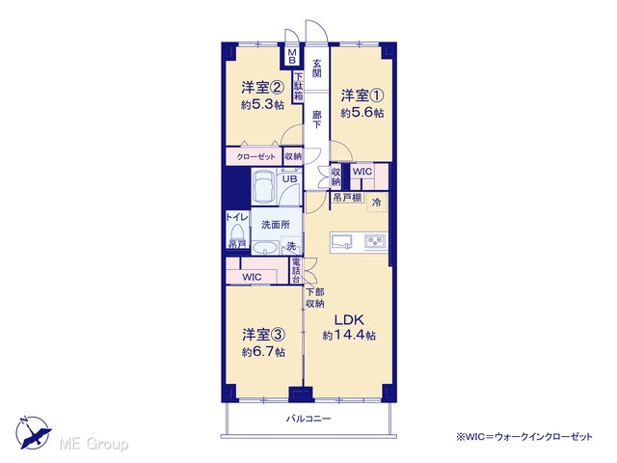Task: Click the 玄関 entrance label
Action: pos(317,68)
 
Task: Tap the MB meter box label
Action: pos(292,56)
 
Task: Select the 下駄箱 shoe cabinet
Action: pos(299,87)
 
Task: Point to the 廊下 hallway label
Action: pos(317,120)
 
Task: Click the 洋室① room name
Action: pos(362,95)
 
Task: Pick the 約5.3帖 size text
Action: pos(262,105)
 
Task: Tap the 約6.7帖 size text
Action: pos(263,351)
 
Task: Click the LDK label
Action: pos(349,319)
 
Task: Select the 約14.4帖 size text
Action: pos(349,336)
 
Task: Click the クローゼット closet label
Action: pos(255,156)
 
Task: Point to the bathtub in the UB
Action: pos(263,186)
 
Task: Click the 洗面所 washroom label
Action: pos(276,225)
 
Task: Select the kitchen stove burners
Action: pos(376,240)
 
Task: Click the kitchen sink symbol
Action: pos(341,241)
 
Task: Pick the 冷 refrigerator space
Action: pos(377,203)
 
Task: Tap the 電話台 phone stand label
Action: pos(296,270)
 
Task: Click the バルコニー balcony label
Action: pos(308,419)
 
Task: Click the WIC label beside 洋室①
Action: pos(362,172)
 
